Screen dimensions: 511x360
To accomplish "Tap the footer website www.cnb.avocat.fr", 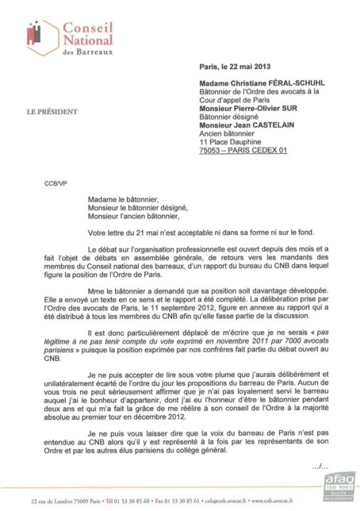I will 286,501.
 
